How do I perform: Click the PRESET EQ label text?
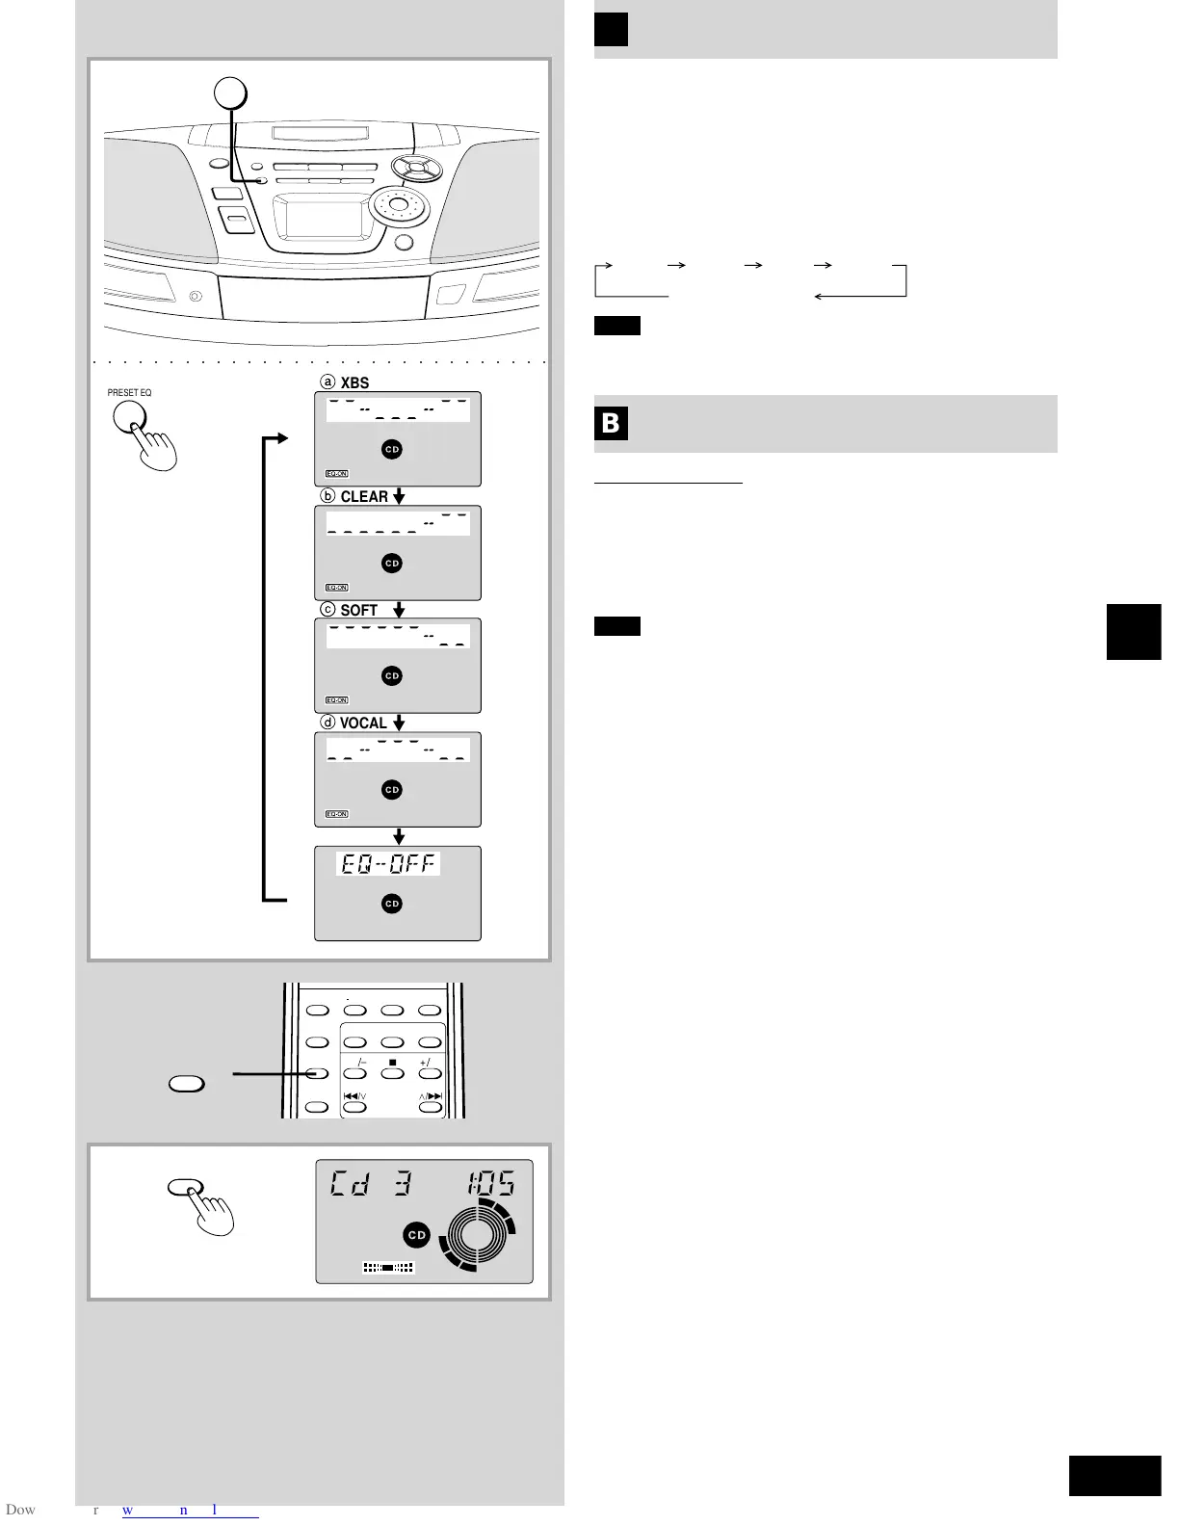[129, 393]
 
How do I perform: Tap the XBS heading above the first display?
[354, 383]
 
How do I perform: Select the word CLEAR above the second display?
[364, 497]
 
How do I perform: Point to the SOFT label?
[358, 611]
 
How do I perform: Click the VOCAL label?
[363, 724]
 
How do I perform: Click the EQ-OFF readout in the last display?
[388, 864]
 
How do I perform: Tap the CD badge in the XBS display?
[391, 449]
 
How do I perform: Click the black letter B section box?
[611, 424]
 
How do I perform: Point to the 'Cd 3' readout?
[371, 1183]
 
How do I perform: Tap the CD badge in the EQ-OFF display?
[391, 904]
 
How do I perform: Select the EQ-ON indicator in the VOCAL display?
[336, 814]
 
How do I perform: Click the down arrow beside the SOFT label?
[399, 611]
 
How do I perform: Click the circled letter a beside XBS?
[327, 382]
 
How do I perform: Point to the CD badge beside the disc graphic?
[416, 1235]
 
